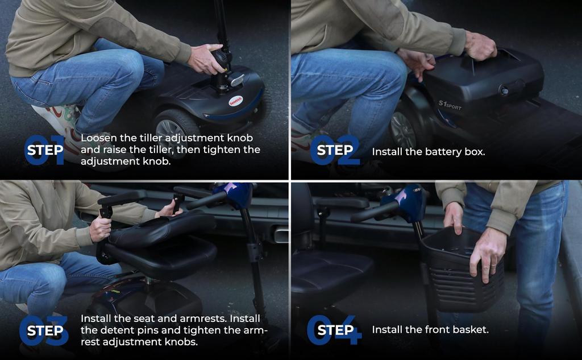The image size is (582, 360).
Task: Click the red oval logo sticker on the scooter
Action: (236, 100)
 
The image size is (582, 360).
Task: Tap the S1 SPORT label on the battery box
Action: (450, 105)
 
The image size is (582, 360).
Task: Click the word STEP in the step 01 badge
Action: (45, 151)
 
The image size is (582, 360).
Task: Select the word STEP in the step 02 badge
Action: (335, 150)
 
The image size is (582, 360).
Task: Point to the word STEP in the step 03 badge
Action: (45, 330)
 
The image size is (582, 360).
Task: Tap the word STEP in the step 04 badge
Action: (335, 330)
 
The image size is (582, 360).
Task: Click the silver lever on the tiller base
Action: (236, 80)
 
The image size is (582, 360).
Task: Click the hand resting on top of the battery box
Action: (480, 46)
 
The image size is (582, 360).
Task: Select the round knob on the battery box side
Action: (505, 90)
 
